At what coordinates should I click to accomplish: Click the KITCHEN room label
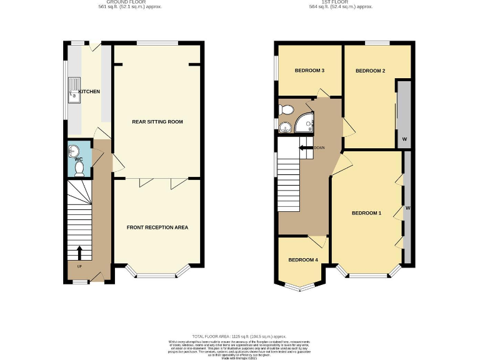(x=89, y=92)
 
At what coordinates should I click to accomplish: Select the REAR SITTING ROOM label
(x=157, y=121)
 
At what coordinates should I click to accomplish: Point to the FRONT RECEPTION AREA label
(x=157, y=227)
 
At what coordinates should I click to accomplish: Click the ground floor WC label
(x=79, y=159)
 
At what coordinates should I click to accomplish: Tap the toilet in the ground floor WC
(x=79, y=167)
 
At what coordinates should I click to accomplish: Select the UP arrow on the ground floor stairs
(x=79, y=253)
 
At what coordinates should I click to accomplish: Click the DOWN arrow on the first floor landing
(x=306, y=147)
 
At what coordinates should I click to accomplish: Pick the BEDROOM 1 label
(x=366, y=213)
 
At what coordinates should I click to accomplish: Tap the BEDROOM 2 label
(x=370, y=71)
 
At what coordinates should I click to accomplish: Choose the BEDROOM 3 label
(x=309, y=71)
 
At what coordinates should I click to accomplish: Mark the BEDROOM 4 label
(x=303, y=259)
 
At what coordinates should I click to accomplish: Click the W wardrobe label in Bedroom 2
(x=404, y=138)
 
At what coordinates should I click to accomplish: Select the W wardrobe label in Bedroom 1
(x=407, y=207)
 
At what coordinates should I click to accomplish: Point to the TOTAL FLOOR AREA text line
(x=239, y=336)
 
